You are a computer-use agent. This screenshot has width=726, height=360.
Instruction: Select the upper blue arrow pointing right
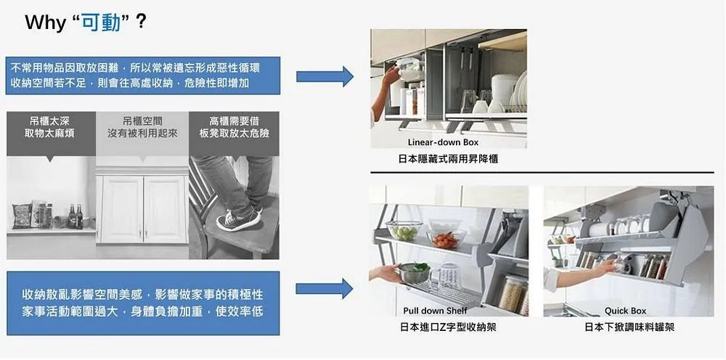pos(325,76)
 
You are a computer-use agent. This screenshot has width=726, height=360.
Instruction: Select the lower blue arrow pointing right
pos(325,290)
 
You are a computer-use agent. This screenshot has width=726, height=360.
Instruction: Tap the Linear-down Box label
pos(443,142)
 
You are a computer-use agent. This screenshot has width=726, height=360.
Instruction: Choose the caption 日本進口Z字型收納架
pos(448,328)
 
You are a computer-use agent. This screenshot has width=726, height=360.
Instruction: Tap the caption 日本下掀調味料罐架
pos(629,328)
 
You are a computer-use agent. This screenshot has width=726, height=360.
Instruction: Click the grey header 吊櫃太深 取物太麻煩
pos(50,127)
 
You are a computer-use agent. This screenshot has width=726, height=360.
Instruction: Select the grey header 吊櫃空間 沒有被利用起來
pos(142,127)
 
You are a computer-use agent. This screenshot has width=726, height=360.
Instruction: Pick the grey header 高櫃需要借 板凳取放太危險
pos(234,127)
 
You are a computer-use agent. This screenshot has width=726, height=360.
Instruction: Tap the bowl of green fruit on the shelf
pos(404,232)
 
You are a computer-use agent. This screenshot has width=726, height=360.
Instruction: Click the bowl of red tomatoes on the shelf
pos(444,239)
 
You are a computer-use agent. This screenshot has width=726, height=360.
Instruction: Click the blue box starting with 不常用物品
pos(142,75)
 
